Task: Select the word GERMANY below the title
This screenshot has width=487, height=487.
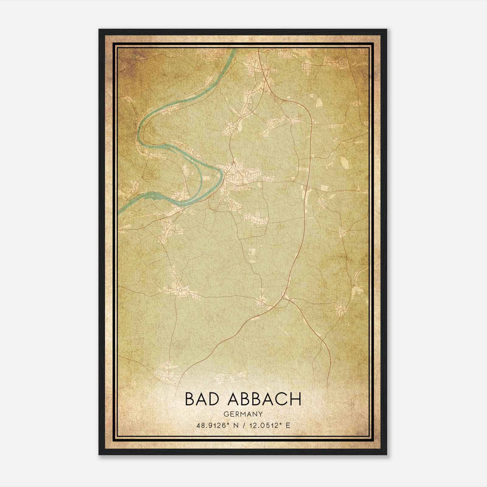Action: click(x=243, y=414)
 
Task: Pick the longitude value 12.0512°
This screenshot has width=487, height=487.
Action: click(x=263, y=425)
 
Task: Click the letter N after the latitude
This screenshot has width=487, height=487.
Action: click(x=234, y=425)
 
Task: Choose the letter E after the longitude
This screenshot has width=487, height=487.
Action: click(x=288, y=425)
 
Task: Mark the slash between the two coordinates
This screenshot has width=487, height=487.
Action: click(x=243, y=425)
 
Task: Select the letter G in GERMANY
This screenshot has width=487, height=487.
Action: click(x=225, y=414)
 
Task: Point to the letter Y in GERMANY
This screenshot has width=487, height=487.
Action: click(x=261, y=414)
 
